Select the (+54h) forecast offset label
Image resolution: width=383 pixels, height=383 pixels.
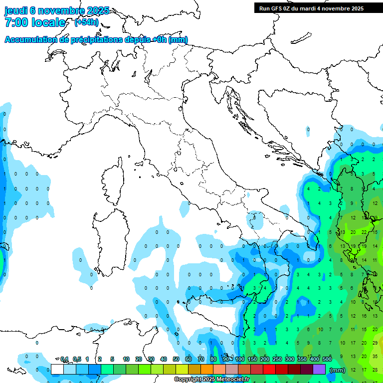(86, 22)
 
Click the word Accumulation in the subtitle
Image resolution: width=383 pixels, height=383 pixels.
(32, 40)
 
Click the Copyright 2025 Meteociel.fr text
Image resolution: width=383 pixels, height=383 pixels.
(211, 380)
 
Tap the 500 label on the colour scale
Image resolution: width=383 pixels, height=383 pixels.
(327, 359)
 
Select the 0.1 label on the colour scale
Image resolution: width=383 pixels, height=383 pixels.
(64, 359)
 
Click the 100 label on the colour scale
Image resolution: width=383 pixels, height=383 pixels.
(240, 359)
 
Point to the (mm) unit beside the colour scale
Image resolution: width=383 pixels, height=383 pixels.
(338, 370)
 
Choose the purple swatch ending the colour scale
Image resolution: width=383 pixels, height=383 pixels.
(319, 369)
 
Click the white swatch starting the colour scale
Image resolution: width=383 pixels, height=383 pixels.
(57, 369)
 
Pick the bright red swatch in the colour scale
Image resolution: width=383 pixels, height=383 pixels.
(269, 369)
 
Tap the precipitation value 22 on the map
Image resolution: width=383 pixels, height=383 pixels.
(365, 232)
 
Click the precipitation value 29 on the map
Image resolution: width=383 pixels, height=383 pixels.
(375, 343)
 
